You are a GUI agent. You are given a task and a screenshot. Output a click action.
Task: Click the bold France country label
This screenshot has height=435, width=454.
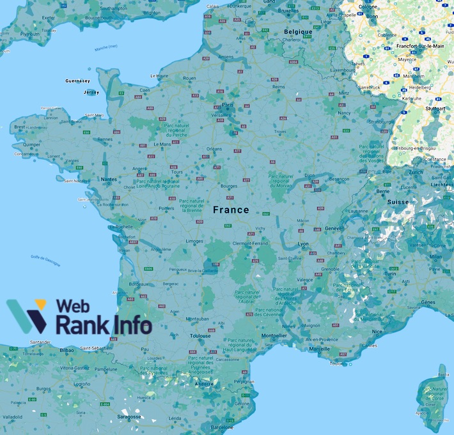[231, 210]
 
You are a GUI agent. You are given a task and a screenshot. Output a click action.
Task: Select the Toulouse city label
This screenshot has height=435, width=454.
[200, 335]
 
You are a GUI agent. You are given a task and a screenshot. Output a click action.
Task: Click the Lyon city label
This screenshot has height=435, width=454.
[303, 244]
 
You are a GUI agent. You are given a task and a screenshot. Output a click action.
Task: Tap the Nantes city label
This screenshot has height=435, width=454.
[109, 179]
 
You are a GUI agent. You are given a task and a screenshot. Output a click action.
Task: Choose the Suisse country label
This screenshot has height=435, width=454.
[398, 202]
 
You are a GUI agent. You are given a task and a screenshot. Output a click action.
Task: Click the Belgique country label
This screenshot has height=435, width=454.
[299, 32]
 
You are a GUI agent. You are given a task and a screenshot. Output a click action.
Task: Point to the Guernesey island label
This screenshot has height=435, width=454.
[78, 81]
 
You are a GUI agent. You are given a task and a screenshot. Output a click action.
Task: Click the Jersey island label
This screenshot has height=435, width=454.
[92, 93]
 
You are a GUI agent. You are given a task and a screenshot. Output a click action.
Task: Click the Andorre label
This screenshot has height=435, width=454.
[204, 383]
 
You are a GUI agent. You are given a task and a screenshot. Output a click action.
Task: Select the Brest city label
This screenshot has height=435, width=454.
[20, 127]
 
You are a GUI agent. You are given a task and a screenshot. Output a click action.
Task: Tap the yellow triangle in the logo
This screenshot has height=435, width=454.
[40, 305]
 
